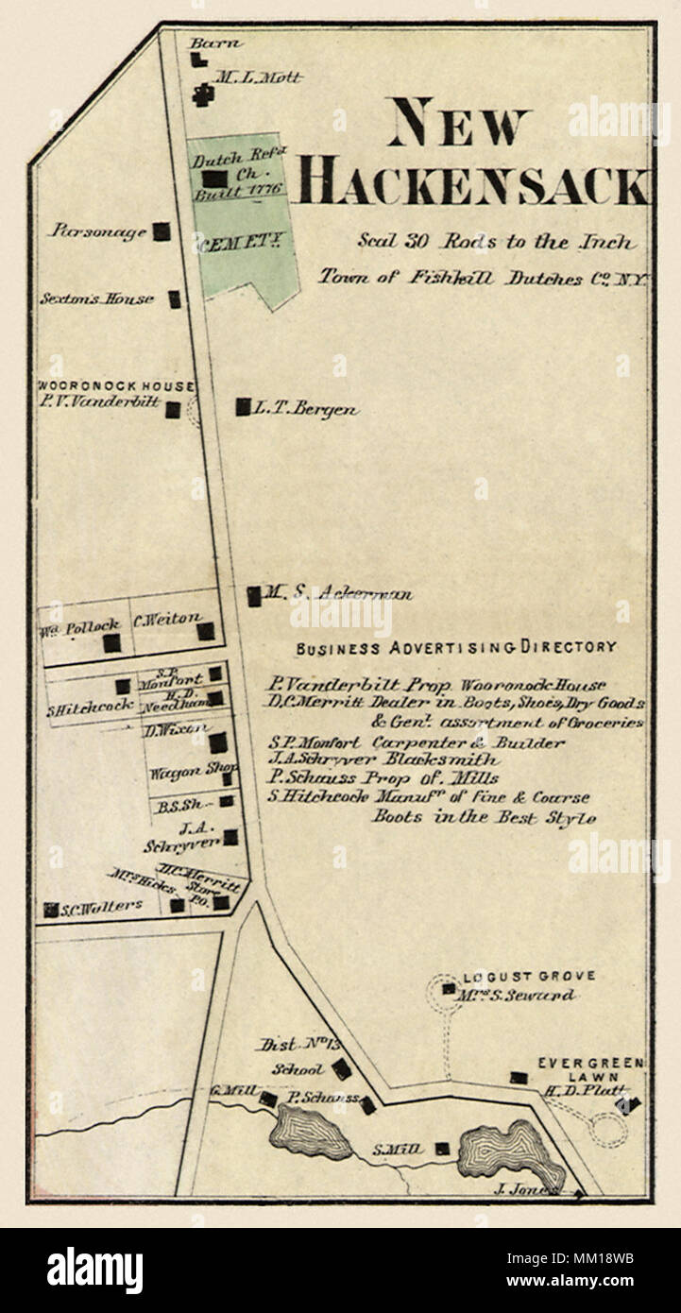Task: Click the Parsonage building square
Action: [162, 230]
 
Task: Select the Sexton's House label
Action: [96, 298]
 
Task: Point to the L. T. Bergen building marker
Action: [243, 407]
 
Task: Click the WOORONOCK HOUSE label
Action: [115, 386]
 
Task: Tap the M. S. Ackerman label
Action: [336, 594]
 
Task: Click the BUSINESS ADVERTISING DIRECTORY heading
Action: [456, 648]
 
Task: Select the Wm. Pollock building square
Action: [111, 643]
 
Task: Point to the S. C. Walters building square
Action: [50, 910]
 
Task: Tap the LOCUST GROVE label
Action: [529, 977]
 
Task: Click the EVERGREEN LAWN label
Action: [590, 1069]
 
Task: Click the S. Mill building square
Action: [442, 1149]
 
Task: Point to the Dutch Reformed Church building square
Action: [216, 178]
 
